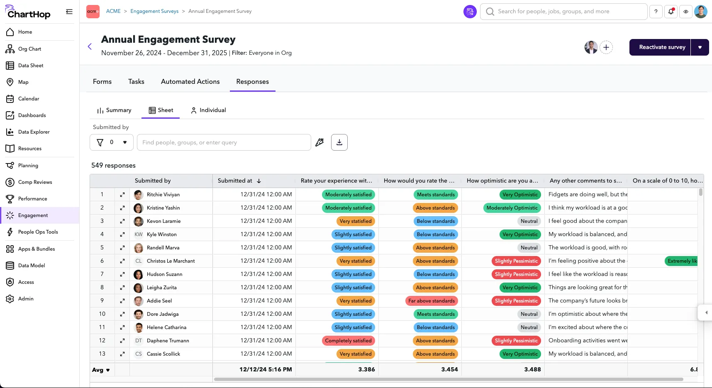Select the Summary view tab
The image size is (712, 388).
coord(114,110)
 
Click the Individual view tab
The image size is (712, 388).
coord(208,110)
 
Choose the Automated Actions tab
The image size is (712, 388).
coord(190,82)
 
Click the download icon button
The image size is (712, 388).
coord(339,142)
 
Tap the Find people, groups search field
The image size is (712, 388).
coord(224,142)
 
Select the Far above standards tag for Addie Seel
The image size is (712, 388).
coord(432,301)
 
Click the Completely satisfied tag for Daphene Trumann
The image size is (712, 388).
coord(348,341)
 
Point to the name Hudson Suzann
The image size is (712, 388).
coord(164,274)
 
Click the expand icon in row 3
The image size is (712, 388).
coord(122,221)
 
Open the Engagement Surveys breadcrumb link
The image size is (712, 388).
coord(154,11)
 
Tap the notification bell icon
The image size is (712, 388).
coord(671,12)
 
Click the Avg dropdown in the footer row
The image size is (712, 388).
coord(101,370)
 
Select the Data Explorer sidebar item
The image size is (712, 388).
coord(34,132)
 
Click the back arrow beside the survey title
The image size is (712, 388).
coord(90,46)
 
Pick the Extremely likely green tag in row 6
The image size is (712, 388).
coord(681,261)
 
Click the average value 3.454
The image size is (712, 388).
coord(449,370)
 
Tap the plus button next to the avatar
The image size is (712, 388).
coord(606,47)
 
